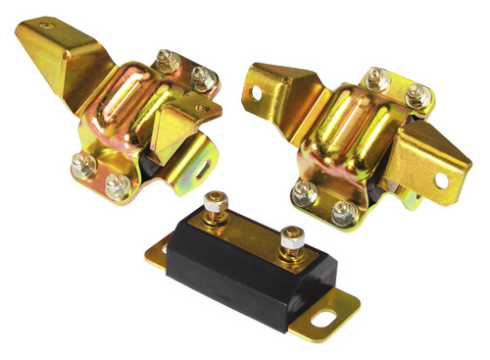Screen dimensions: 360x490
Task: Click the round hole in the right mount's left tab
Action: tap(258, 94)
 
